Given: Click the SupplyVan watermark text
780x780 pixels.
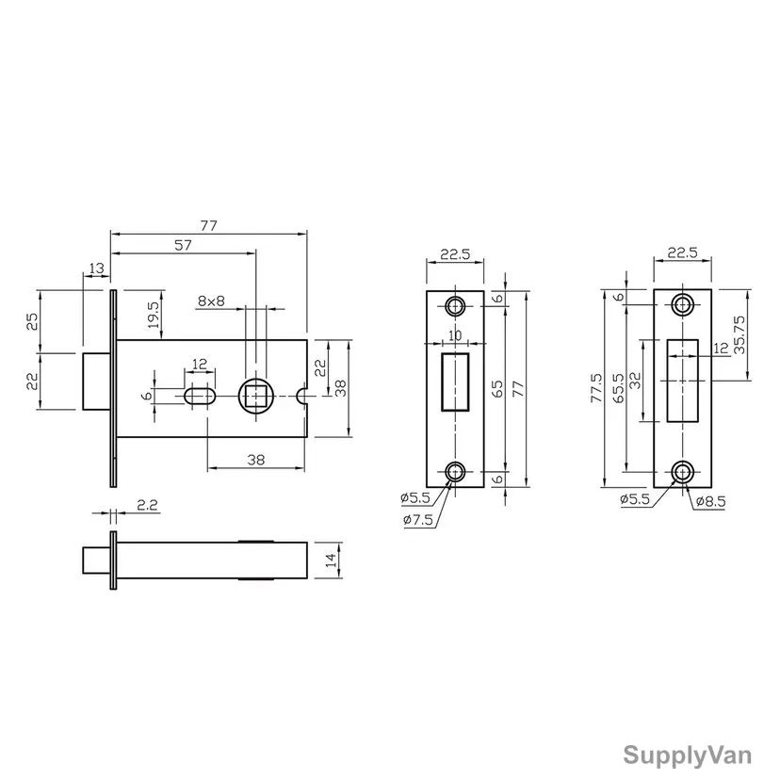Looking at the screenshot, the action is pos(687,756).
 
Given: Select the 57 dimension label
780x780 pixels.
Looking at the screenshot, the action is pos(183,245).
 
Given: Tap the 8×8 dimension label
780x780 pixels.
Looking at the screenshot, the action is pos(211,301).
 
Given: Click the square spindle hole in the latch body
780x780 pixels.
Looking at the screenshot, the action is pos(256,396).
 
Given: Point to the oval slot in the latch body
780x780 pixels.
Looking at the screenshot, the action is pos(200,397).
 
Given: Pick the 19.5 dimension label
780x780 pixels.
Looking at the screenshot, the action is pos(154,315).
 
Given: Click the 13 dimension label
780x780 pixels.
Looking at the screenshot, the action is pos(96,268).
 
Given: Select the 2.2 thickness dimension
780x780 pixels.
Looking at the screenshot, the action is pos(147,505).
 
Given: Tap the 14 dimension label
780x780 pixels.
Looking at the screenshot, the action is pos(331,561).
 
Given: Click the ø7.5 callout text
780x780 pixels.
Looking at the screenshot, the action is pos(418,520).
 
